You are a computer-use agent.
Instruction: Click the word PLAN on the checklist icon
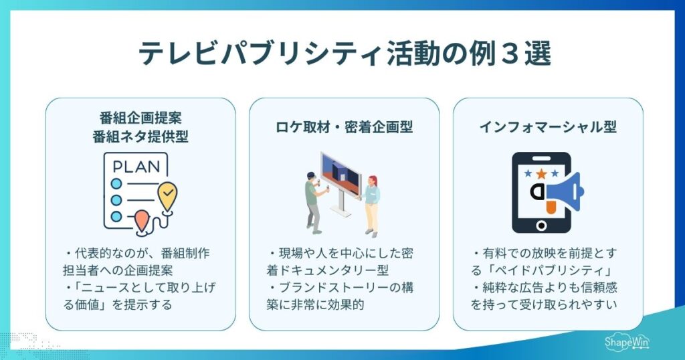click(x=135, y=165)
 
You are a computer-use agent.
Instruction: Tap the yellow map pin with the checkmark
click(x=167, y=195)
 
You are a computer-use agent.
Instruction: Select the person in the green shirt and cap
click(x=313, y=201)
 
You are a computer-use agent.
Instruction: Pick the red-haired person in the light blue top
click(x=371, y=204)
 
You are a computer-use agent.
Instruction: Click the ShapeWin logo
click(x=625, y=343)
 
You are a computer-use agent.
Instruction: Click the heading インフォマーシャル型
click(x=548, y=126)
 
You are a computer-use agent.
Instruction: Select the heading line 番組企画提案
click(x=140, y=119)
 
